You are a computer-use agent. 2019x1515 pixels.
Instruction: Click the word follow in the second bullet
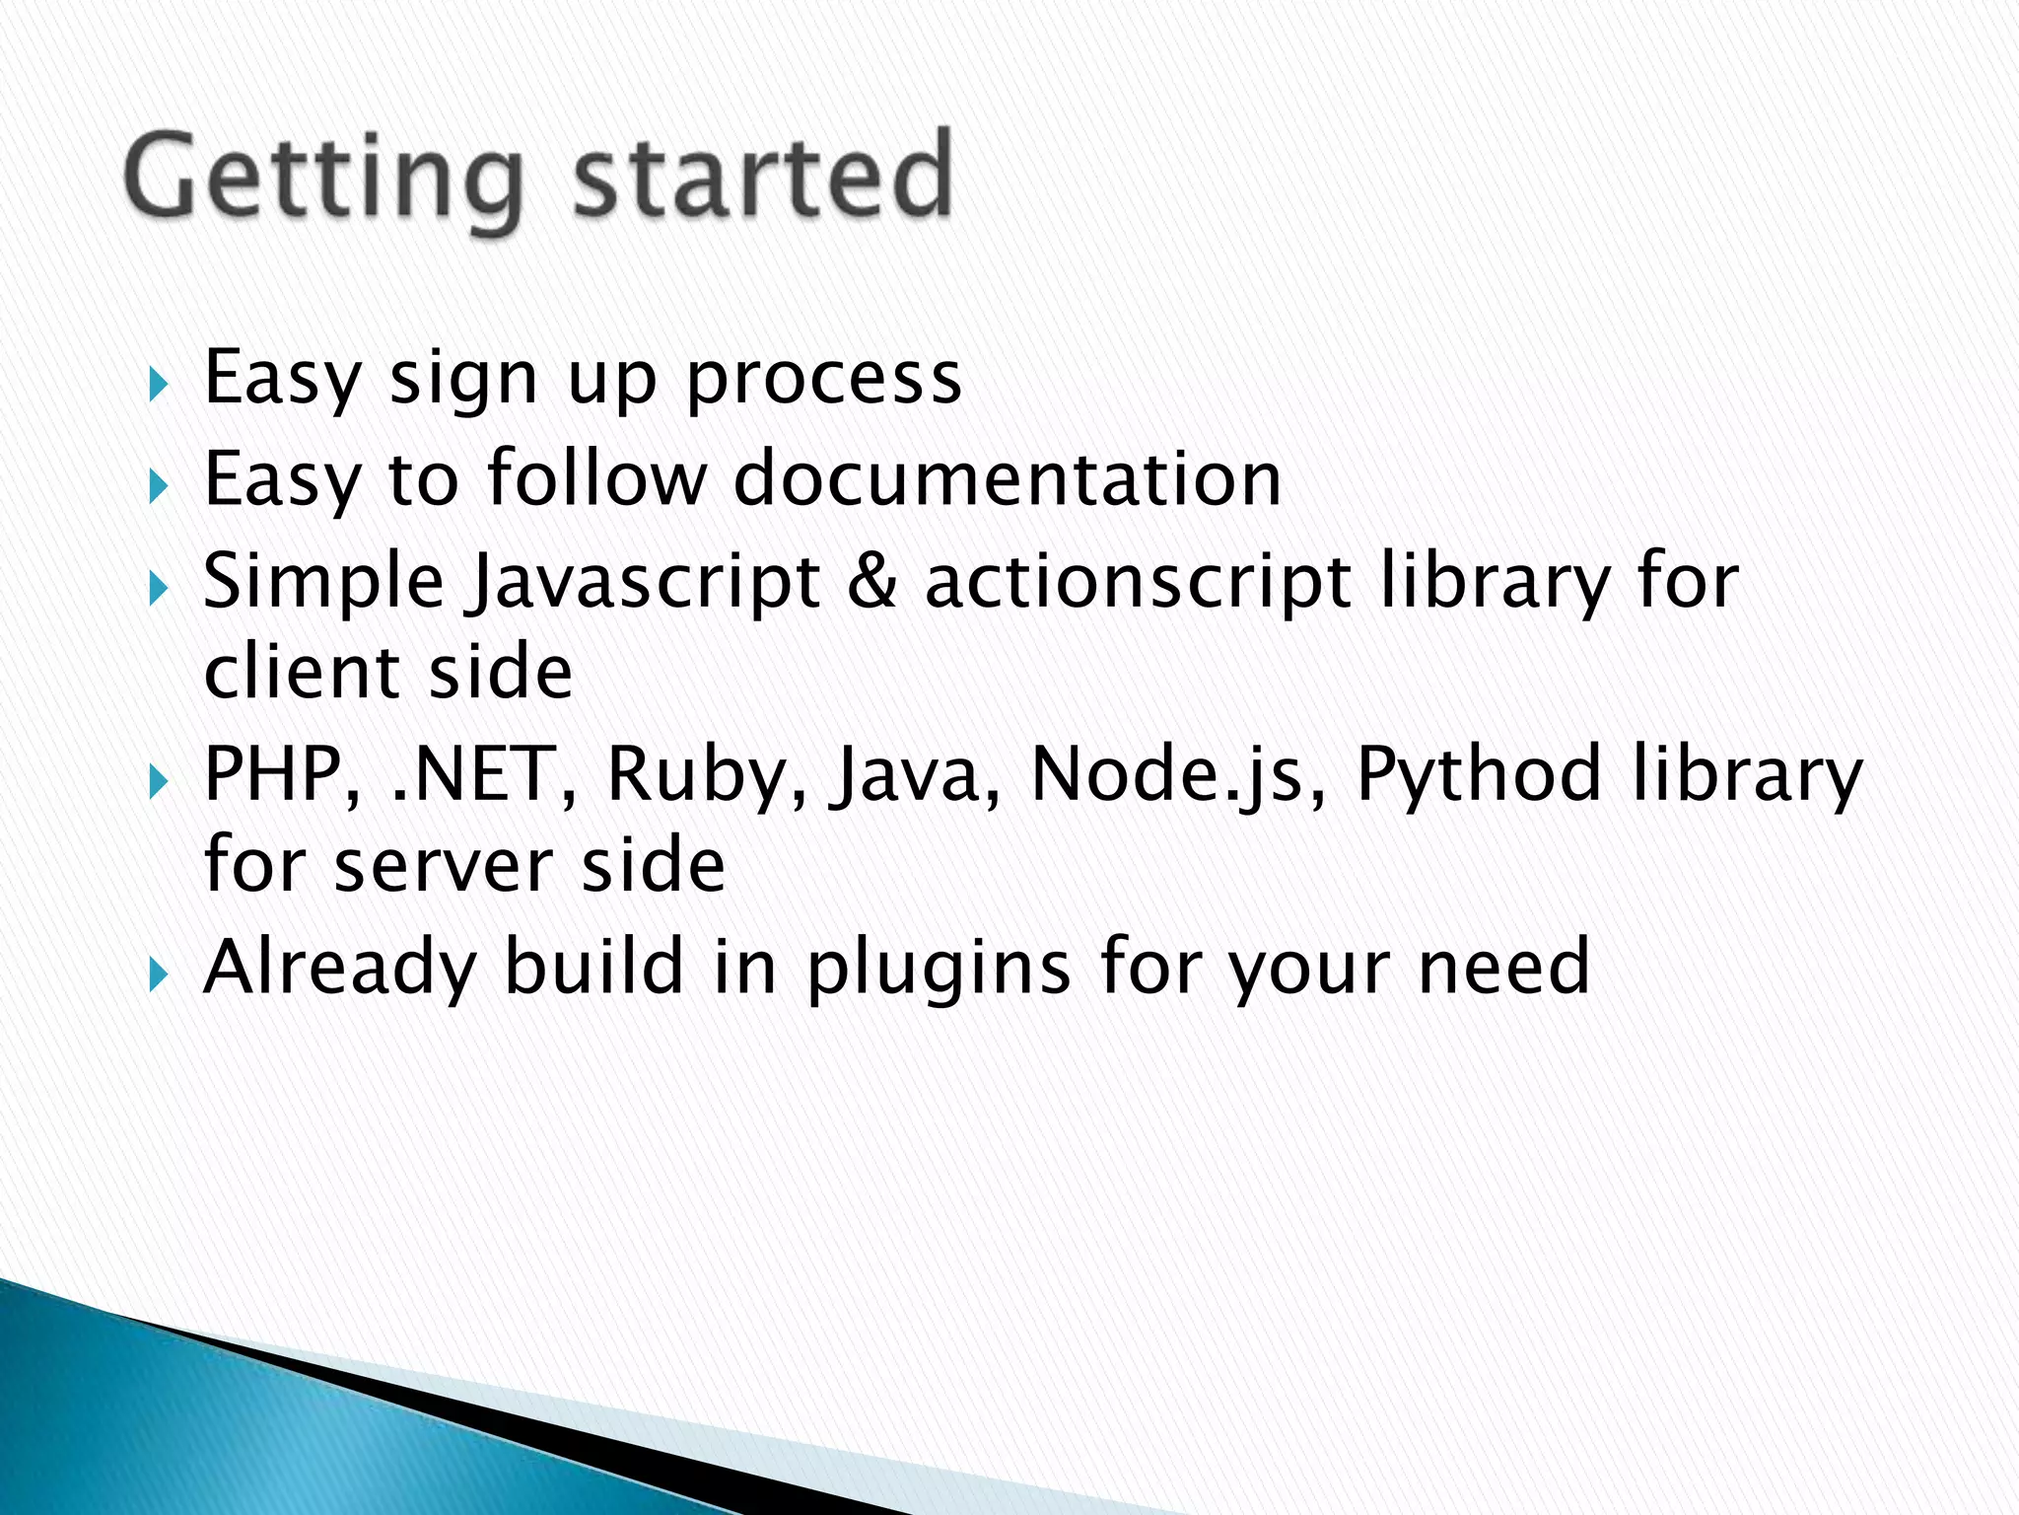pos(597,478)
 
